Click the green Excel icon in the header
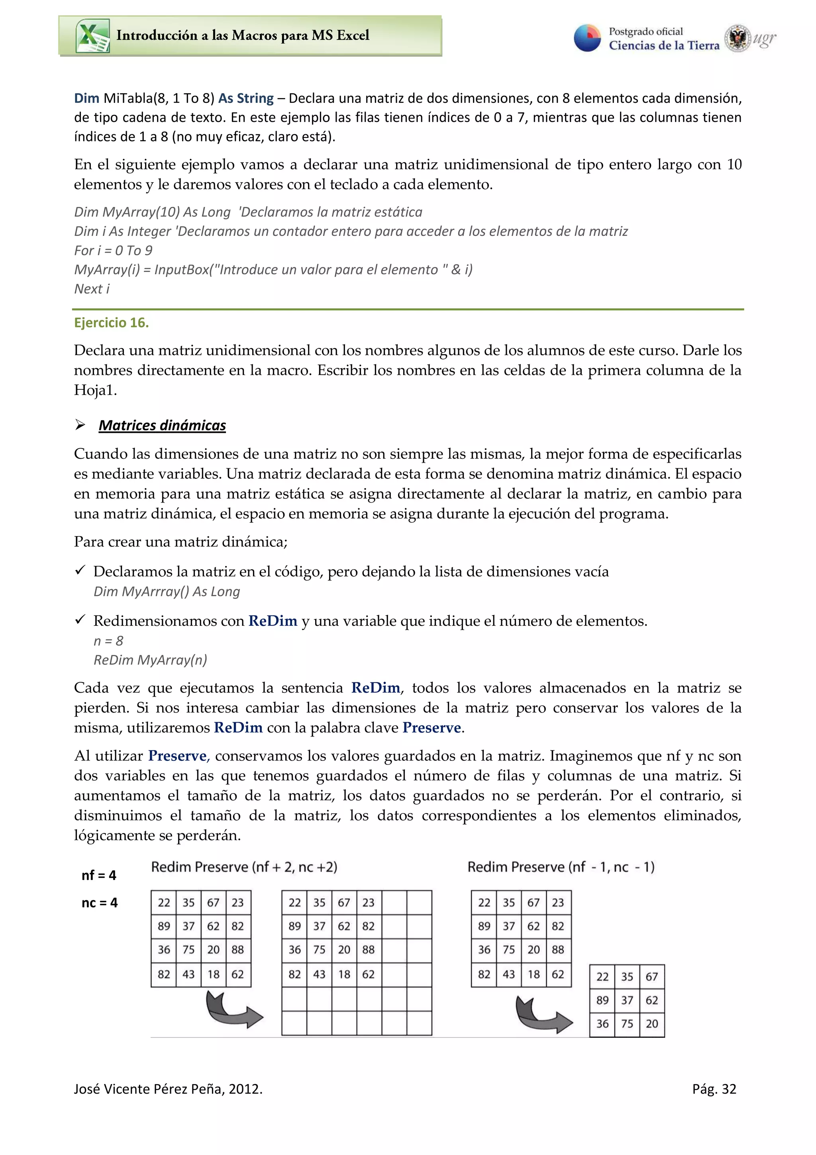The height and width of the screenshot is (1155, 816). (92, 36)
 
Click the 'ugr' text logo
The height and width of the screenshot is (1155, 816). (764, 38)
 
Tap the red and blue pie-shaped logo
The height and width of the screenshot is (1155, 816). (587, 38)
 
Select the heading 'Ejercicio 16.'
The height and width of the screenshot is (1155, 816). (111, 322)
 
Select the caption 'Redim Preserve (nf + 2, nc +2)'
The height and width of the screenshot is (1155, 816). (244, 867)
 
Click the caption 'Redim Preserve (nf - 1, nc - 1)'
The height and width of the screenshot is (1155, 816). (561, 867)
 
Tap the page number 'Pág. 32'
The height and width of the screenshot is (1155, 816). (714, 1089)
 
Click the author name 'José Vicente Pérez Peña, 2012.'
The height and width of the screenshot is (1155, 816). (168, 1089)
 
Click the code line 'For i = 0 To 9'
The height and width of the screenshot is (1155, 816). (113, 251)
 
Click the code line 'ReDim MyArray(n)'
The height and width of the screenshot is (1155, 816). (150, 660)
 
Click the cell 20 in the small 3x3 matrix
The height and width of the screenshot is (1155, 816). (651, 1024)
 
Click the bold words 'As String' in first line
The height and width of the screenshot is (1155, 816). (246, 98)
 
